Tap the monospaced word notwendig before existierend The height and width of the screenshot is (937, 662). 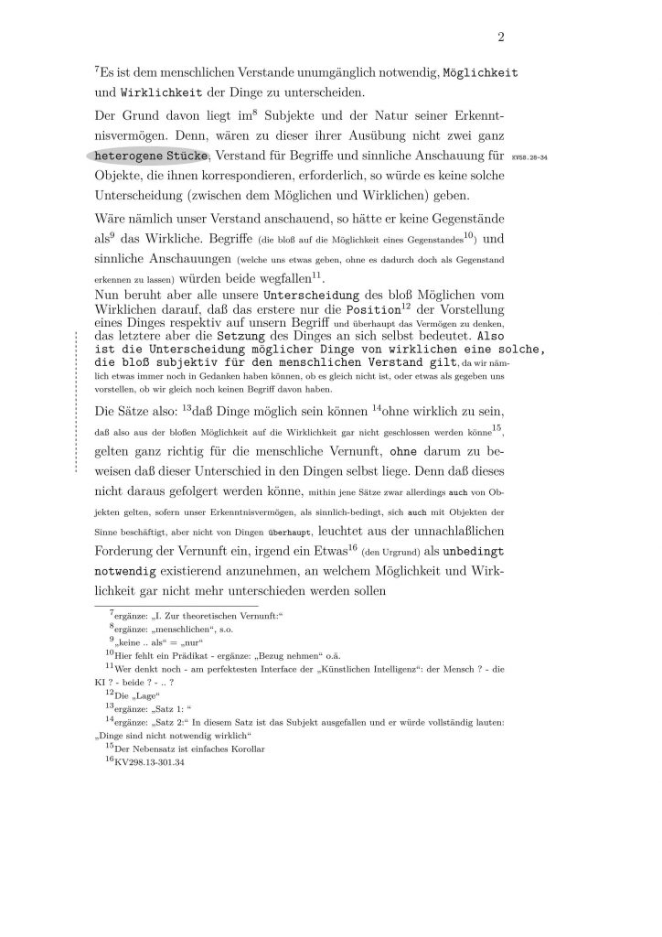click(127, 573)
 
